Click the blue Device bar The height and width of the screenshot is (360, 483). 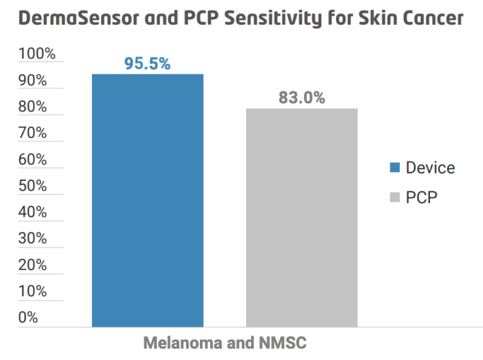(x=148, y=199)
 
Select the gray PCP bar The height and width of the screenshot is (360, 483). (x=302, y=217)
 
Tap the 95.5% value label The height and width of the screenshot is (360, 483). (x=148, y=64)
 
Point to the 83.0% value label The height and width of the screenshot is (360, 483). (x=302, y=98)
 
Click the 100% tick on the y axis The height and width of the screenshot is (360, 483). (x=37, y=54)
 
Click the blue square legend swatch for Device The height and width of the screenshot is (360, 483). (x=394, y=167)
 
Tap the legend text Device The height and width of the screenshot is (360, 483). (x=430, y=167)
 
